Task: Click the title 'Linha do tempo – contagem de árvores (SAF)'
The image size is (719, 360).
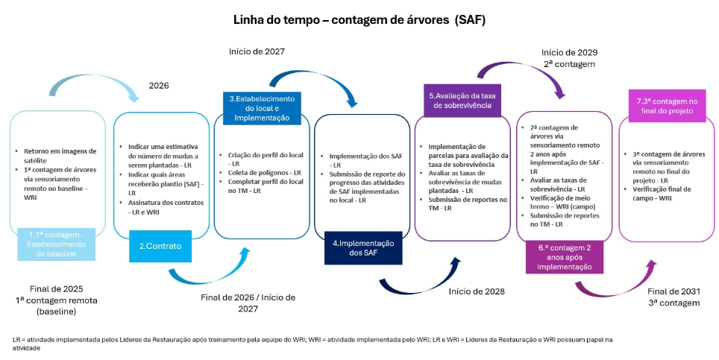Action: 359,20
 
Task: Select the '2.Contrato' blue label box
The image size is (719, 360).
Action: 160,247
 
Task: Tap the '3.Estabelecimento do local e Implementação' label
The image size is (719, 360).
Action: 262,108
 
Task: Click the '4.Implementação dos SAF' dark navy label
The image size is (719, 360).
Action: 363,248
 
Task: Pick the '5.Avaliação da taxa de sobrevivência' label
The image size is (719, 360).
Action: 462,101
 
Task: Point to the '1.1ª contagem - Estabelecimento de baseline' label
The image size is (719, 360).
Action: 57,244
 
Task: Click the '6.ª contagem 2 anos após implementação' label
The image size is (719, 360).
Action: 565,257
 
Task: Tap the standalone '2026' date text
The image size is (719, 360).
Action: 159,86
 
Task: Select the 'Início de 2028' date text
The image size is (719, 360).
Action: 477,291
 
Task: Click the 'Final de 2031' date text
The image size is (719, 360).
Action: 674,291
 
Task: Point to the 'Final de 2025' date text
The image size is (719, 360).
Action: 57,289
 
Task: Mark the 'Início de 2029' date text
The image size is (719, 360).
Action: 569,53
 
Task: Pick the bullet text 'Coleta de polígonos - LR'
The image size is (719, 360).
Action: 264,173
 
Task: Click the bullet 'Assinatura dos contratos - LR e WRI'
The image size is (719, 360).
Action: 160,207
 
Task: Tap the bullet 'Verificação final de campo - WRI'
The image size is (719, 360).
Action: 661,193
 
